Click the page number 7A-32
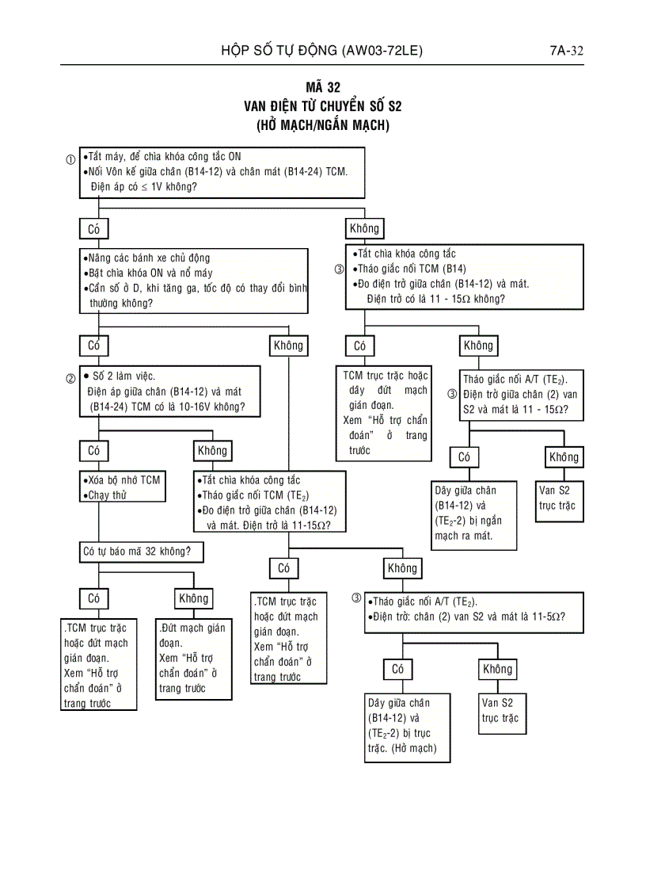click(566, 52)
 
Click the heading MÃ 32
click(323, 88)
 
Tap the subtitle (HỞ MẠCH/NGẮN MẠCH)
click(323, 125)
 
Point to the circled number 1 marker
click(71, 159)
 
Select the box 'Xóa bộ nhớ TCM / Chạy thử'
click(122, 487)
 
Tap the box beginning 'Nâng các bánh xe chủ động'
click(194, 281)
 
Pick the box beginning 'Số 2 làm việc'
click(169, 392)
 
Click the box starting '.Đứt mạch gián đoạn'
click(193, 658)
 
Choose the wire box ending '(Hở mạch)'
click(407, 726)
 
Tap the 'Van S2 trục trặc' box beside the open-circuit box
click(500, 710)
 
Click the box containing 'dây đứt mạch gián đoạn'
click(386, 412)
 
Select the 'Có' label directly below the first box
click(94, 229)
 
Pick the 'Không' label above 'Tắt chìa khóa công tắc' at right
click(364, 229)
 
